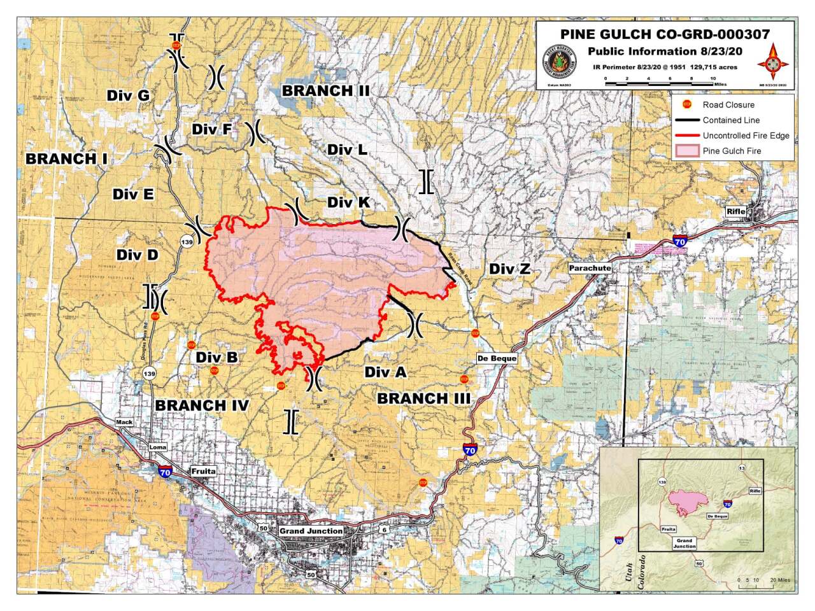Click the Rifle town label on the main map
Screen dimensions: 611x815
coord(735,211)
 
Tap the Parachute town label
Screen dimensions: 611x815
coord(590,268)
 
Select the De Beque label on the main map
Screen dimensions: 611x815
coord(497,358)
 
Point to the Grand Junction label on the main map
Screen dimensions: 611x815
coord(311,531)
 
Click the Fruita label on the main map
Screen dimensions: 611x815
coord(203,472)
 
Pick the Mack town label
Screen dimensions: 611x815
coord(124,422)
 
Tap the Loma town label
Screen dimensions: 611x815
coord(157,447)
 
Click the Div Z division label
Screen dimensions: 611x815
coord(509,269)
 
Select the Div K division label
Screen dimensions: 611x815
coord(348,202)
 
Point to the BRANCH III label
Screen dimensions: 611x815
coord(423,398)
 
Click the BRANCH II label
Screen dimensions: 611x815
coord(325,91)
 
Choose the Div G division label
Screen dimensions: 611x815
coord(128,95)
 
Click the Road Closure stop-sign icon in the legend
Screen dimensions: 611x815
coord(687,104)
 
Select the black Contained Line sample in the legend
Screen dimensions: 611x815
coord(687,120)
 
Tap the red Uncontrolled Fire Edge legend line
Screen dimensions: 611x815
coord(687,136)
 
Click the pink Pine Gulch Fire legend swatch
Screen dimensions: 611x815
coord(687,151)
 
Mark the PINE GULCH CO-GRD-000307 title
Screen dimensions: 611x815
coord(665,34)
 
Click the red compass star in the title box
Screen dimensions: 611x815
coord(773,60)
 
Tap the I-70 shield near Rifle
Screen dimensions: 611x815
coord(679,241)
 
